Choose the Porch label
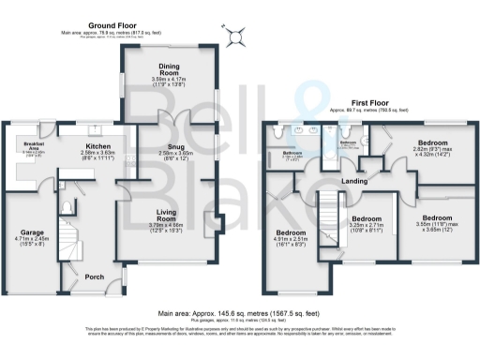pyautogui.click(x=95, y=277)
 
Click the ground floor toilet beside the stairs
pyautogui.click(x=66, y=206)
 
